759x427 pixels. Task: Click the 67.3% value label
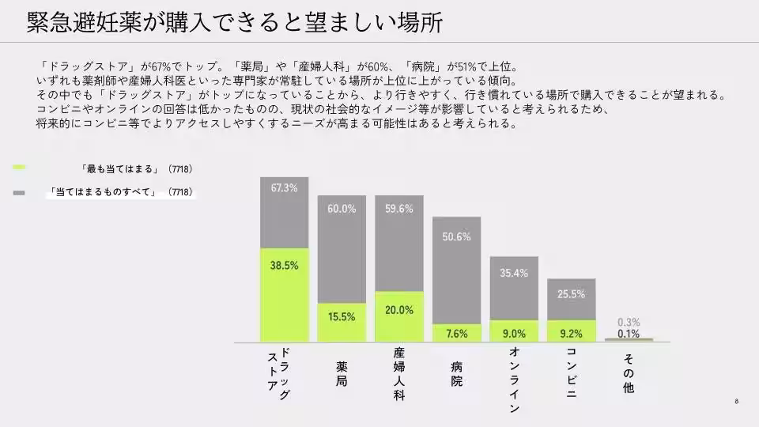click(284, 189)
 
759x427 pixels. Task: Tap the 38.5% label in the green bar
click(284, 266)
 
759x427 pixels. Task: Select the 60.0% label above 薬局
click(342, 209)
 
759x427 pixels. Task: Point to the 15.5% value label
click(342, 316)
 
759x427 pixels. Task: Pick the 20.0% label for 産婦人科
click(399, 310)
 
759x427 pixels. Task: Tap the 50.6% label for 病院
click(457, 236)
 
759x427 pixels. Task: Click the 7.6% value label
click(457, 334)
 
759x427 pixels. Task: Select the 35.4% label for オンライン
click(514, 273)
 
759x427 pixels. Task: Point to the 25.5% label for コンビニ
click(571, 294)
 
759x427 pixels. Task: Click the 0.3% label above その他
click(629, 323)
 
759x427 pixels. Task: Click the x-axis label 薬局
click(342, 373)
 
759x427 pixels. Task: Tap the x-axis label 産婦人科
click(399, 372)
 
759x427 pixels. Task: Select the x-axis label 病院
click(457, 373)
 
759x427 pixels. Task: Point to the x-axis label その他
click(629, 372)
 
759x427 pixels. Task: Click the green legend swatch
click(20, 168)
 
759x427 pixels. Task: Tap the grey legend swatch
click(20, 192)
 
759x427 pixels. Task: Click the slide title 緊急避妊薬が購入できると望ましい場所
click(234, 22)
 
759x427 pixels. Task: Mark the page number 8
click(736, 401)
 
